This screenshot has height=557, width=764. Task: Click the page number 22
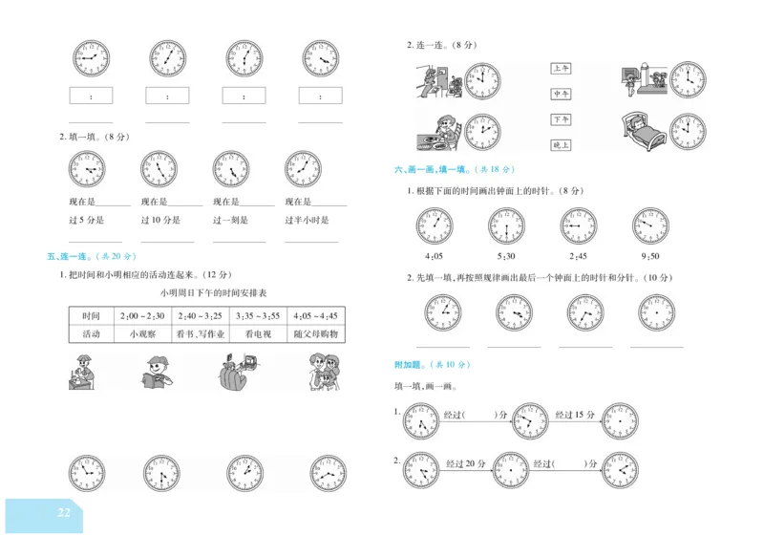pyautogui.click(x=64, y=513)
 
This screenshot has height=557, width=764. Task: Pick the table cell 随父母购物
pyautogui.click(x=316, y=333)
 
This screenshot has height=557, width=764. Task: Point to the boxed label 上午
pyautogui.click(x=561, y=69)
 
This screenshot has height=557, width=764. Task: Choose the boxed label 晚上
pyautogui.click(x=561, y=145)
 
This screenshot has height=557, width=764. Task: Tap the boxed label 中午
pyautogui.click(x=561, y=95)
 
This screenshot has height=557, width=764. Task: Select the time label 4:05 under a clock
pyautogui.click(x=435, y=256)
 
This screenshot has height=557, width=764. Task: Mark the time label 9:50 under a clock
pyautogui.click(x=650, y=256)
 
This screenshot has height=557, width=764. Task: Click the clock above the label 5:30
pyautogui.click(x=506, y=225)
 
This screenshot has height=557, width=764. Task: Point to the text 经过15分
pyautogui.click(x=576, y=415)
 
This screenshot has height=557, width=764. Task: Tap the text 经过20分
pyautogui.click(x=466, y=463)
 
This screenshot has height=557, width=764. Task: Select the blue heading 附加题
pyautogui.click(x=418, y=365)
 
